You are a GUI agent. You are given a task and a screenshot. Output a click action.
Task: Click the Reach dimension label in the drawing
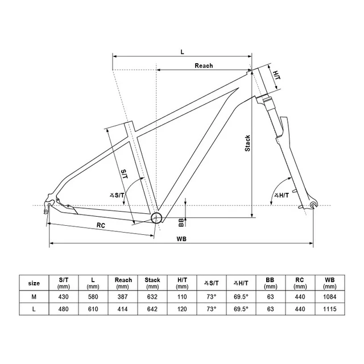click(203, 66)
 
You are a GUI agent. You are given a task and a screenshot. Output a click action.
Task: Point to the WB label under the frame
click(181, 238)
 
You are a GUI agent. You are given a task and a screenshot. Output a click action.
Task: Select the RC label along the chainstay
click(101, 225)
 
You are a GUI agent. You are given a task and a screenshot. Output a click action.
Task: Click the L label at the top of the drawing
click(182, 52)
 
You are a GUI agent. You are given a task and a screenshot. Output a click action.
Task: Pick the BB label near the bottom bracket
click(181, 221)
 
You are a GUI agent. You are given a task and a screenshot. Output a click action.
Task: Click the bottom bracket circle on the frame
click(158, 217)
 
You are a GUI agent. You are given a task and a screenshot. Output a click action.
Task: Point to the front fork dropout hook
click(313, 205)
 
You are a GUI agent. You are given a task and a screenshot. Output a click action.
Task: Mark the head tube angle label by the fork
click(281, 196)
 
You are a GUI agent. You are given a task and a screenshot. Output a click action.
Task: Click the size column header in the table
click(34, 283)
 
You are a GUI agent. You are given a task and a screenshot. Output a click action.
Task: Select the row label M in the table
click(34, 296)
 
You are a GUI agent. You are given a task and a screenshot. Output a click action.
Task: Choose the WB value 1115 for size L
click(329, 309)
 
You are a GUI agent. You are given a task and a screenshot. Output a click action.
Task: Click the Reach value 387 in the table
click(123, 296)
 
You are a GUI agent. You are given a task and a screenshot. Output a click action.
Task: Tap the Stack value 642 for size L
click(152, 309)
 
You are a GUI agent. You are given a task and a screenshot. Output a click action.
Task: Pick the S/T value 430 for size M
click(64, 296)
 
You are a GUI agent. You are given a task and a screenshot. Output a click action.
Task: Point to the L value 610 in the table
click(93, 309)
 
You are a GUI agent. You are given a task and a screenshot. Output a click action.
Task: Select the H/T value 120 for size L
click(182, 309)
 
